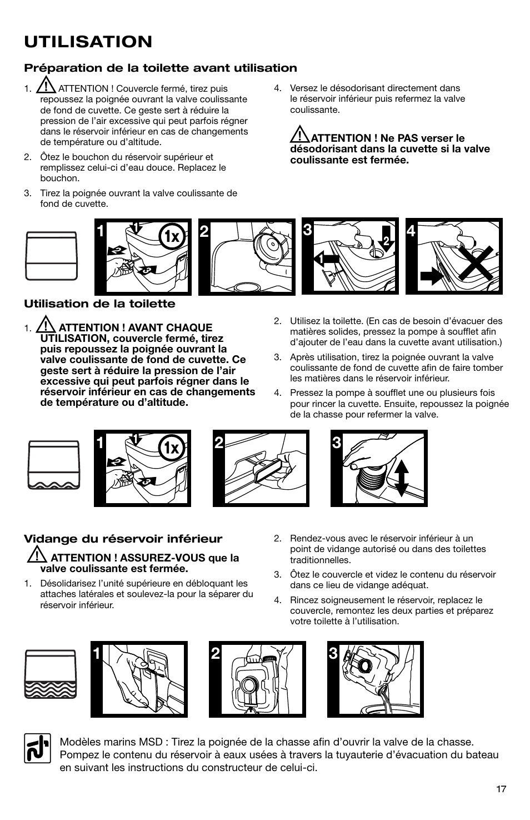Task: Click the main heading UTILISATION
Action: click(x=88, y=41)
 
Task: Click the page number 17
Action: click(x=501, y=789)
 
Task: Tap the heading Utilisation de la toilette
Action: click(x=99, y=304)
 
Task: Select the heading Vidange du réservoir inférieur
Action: click(x=122, y=539)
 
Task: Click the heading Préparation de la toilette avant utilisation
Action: click(x=160, y=68)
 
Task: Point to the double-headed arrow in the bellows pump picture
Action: click(x=401, y=478)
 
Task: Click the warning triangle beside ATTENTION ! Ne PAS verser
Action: click(x=299, y=134)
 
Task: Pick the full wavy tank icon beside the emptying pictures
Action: click(x=50, y=674)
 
